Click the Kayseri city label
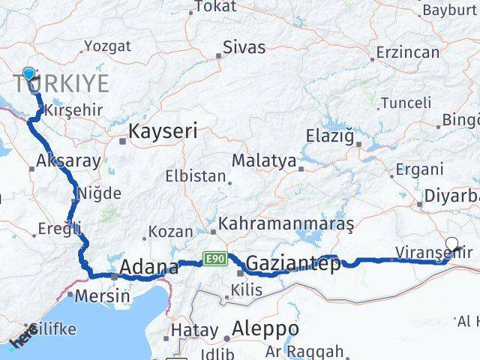tap(163, 131)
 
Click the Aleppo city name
tap(265, 328)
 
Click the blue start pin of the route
tap(29, 73)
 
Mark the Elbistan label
tap(196, 178)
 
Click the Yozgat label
tap(107, 46)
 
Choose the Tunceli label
tap(405, 103)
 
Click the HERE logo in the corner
tap(24, 335)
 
